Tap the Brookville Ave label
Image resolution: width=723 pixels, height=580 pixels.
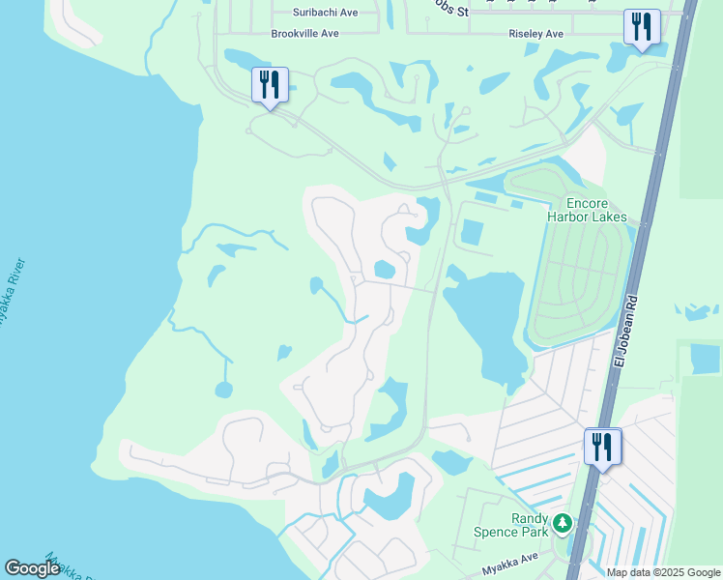(x=305, y=33)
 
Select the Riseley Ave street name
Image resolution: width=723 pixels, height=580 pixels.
(x=535, y=34)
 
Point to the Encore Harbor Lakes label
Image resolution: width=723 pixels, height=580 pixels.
(x=587, y=210)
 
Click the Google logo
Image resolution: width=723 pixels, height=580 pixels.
(x=32, y=567)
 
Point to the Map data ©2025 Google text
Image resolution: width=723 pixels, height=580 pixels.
(x=663, y=572)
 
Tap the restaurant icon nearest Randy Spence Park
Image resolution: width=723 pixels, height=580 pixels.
(x=602, y=446)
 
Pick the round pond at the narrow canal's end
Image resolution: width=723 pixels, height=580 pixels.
(x=224, y=390)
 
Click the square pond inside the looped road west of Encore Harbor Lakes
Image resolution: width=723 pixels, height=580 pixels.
(x=473, y=232)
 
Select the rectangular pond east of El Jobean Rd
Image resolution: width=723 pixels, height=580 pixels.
(x=705, y=359)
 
